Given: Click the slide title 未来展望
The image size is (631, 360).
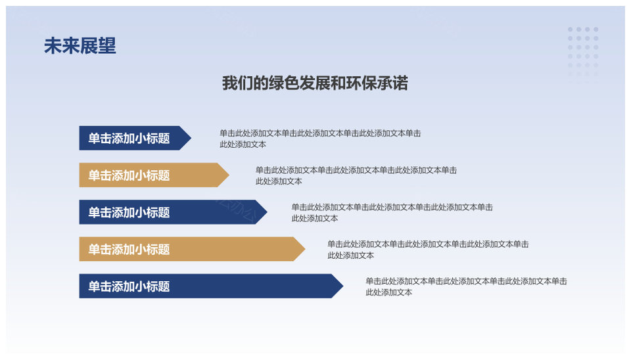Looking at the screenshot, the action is (x=80, y=46).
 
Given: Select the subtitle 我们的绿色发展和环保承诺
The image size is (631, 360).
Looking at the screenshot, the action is (x=315, y=83).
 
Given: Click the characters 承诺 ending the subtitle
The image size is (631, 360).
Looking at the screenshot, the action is (x=393, y=83).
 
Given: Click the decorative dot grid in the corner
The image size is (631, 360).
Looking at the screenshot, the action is (x=583, y=55).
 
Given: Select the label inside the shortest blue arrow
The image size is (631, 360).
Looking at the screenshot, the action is (x=129, y=139).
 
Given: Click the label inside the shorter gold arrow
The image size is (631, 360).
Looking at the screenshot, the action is (x=129, y=175).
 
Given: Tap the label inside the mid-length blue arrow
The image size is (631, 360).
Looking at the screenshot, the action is (x=129, y=212).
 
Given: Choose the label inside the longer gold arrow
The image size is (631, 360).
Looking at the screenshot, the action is (x=129, y=250).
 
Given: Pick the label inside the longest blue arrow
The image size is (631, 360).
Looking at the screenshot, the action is (x=129, y=286).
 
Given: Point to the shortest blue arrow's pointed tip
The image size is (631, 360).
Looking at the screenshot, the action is (x=191, y=138).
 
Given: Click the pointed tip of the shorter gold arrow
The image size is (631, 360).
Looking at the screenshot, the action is (x=229, y=175).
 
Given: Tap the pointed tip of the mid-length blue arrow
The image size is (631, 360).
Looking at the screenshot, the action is (x=268, y=212).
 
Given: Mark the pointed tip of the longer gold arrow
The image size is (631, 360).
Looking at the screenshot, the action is (x=305, y=249).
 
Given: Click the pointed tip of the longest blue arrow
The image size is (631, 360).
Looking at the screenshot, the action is (x=343, y=286).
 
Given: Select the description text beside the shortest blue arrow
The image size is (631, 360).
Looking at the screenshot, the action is (x=320, y=139).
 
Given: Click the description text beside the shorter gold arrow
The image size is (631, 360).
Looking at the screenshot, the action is (x=356, y=176).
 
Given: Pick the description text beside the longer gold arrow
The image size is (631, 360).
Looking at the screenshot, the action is (x=428, y=250).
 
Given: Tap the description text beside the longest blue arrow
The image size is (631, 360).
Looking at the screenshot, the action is (x=467, y=287).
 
